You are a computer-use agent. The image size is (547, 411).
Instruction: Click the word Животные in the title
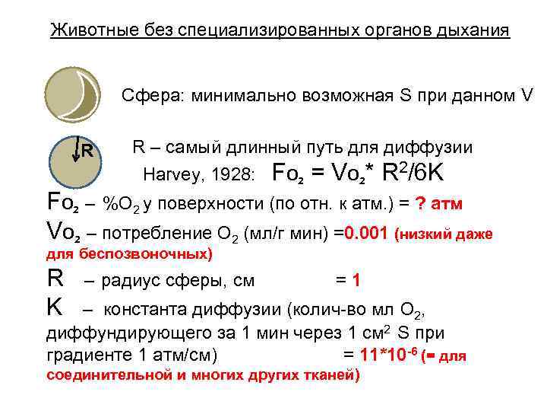point(86,30)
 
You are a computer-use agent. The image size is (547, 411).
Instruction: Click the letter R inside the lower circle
point(88,150)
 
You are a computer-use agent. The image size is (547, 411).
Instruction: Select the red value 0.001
point(366,233)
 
